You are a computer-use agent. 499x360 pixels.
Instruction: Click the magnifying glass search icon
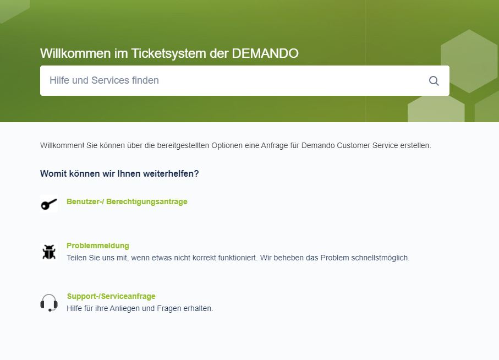tap(434, 81)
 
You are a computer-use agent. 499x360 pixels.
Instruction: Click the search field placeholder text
tap(104, 80)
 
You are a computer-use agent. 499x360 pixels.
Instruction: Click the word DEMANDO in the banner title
tap(265, 53)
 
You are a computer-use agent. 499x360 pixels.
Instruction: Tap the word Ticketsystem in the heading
tap(169, 53)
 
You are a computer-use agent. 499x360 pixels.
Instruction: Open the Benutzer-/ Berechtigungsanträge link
tap(127, 202)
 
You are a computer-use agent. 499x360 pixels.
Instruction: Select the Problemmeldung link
tap(98, 246)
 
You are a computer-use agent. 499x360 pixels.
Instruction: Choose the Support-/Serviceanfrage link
tap(111, 296)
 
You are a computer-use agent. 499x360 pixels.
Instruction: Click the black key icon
tap(49, 204)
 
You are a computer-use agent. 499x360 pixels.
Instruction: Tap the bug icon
tap(49, 252)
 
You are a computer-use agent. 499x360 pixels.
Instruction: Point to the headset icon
tap(49, 302)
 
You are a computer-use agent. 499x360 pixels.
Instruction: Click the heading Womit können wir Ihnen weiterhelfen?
tap(119, 174)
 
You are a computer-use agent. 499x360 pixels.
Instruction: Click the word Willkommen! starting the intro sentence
tap(62, 145)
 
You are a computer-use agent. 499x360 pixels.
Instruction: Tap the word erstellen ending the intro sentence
tap(415, 145)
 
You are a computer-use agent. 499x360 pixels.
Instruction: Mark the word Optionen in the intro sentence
tap(227, 145)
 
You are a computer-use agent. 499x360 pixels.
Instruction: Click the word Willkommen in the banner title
tap(75, 53)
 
